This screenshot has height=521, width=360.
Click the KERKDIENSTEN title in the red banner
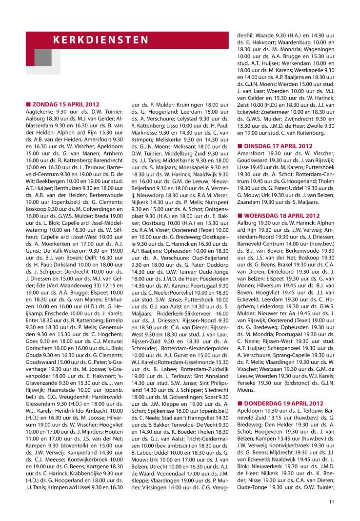[x=101, y=40]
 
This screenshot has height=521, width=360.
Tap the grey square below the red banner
[x=43, y=57]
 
